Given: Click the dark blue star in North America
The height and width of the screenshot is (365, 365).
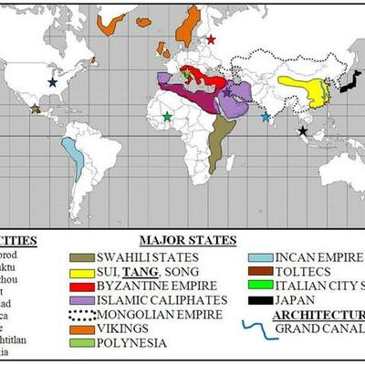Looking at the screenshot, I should click(x=52, y=82).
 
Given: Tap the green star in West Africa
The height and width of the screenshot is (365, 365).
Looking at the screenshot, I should click(x=166, y=117).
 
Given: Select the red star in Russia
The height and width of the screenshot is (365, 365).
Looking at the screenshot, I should click(x=211, y=39).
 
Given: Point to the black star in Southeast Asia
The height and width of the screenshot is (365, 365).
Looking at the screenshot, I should click(x=301, y=131).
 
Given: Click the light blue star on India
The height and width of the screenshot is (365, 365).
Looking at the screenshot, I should click(x=266, y=117).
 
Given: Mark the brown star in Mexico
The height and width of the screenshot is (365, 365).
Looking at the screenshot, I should click(x=36, y=109).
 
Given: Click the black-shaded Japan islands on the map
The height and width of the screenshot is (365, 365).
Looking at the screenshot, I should click(x=349, y=82).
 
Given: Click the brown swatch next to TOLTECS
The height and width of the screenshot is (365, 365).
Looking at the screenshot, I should click(x=261, y=270).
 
